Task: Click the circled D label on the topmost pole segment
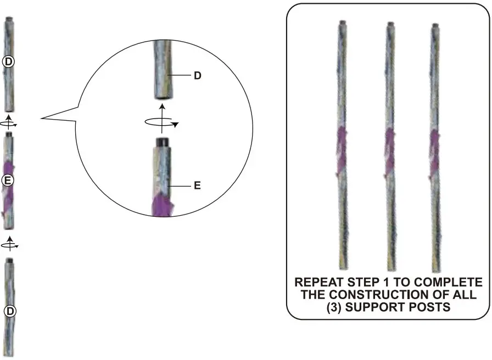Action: coord(8,62)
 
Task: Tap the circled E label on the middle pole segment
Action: coord(8,180)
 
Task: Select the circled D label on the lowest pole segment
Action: coord(9,311)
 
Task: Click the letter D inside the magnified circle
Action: coord(198,76)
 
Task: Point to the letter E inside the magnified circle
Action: coord(197,186)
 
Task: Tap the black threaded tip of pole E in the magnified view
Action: coord(162,141)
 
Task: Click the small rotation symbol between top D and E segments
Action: coord(9,121)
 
